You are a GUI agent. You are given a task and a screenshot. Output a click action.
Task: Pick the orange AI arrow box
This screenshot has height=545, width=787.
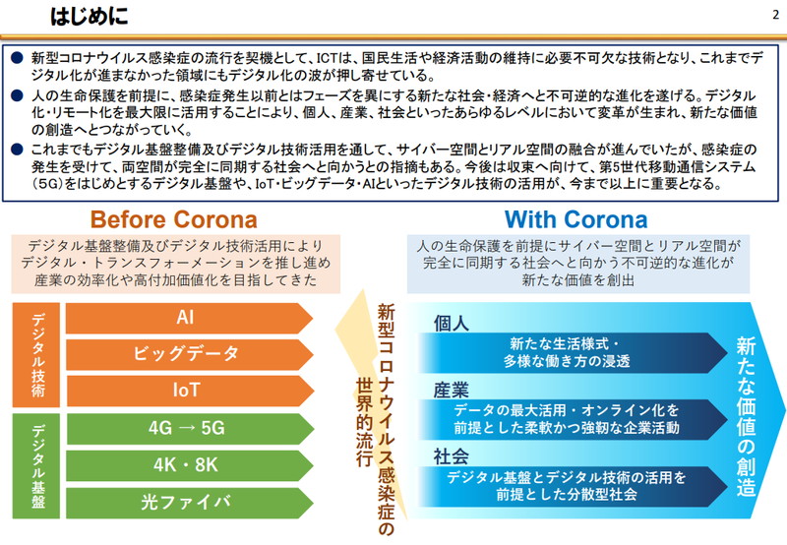[186, 318]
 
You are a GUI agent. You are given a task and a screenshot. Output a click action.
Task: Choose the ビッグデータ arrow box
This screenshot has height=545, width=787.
[186, 354]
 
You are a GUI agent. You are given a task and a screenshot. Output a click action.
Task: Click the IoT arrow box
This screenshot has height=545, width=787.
[186, 390]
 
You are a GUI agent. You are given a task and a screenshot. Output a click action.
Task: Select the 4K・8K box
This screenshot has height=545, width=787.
[186, 464]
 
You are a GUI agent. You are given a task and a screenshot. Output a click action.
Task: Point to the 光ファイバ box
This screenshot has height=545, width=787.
[186, 501]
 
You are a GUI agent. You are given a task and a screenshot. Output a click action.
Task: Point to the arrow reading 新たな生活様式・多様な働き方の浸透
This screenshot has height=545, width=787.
[571, 352]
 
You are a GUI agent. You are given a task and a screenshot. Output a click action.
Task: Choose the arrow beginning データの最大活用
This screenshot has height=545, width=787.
[571, 419]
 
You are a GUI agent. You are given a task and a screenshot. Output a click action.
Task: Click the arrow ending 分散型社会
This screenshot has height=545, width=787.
[571, 486]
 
